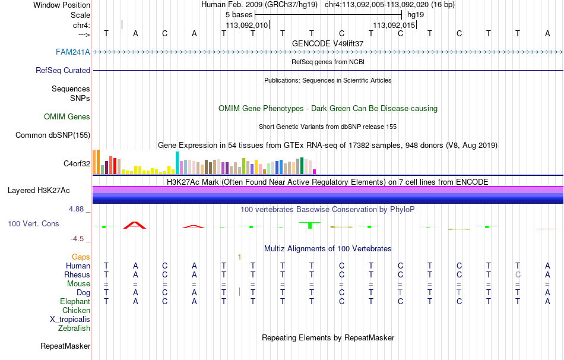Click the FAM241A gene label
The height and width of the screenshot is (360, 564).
tap(73, 52)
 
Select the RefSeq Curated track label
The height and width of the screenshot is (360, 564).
tap(63, 70)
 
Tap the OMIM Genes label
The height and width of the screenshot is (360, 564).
tap(67, 117)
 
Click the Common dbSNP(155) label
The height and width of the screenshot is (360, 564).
tap(53, 135)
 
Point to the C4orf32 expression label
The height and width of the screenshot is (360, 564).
tap(77, 163)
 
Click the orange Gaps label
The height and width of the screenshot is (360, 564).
tap(81, 257)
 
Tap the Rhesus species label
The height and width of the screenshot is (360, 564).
tap(77, 275)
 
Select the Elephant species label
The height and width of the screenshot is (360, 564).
tap(75, 302)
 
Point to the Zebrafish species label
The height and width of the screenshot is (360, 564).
tap(74, 329)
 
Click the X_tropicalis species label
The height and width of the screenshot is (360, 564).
tap(70, 320)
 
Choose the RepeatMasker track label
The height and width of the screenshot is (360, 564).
tap(65, 346)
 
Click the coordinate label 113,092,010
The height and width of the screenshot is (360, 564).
tap(247, 25)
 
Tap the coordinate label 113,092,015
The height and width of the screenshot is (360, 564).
tap(394, 25)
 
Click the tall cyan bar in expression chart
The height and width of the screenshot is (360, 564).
tap(177, 163)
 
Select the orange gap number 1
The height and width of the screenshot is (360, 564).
tap(239, 257)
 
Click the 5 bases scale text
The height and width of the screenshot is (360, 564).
tap(239, 14)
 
